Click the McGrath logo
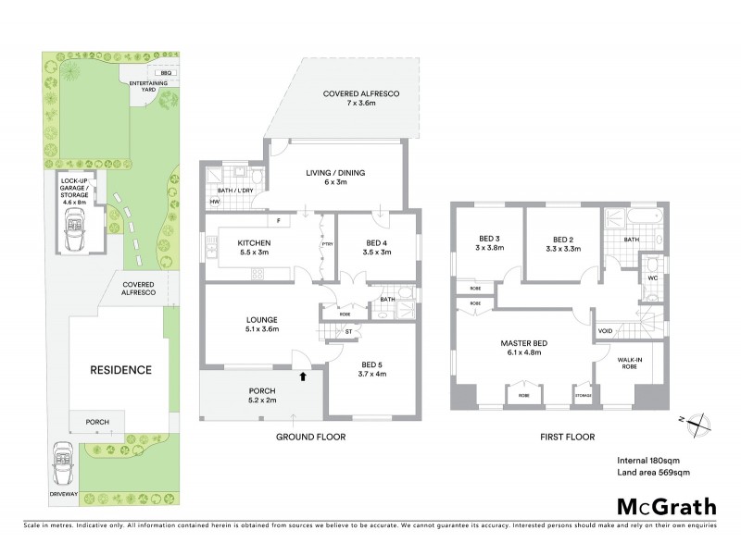click(666, 506)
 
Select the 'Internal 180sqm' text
click(647, 460)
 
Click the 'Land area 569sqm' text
click(653, 473)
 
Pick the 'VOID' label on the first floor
click(606, 330)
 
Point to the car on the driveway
click(63, 460)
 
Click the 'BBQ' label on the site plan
click(166, 72)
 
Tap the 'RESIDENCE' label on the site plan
click(119, 370)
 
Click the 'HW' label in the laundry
click(214, 201)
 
